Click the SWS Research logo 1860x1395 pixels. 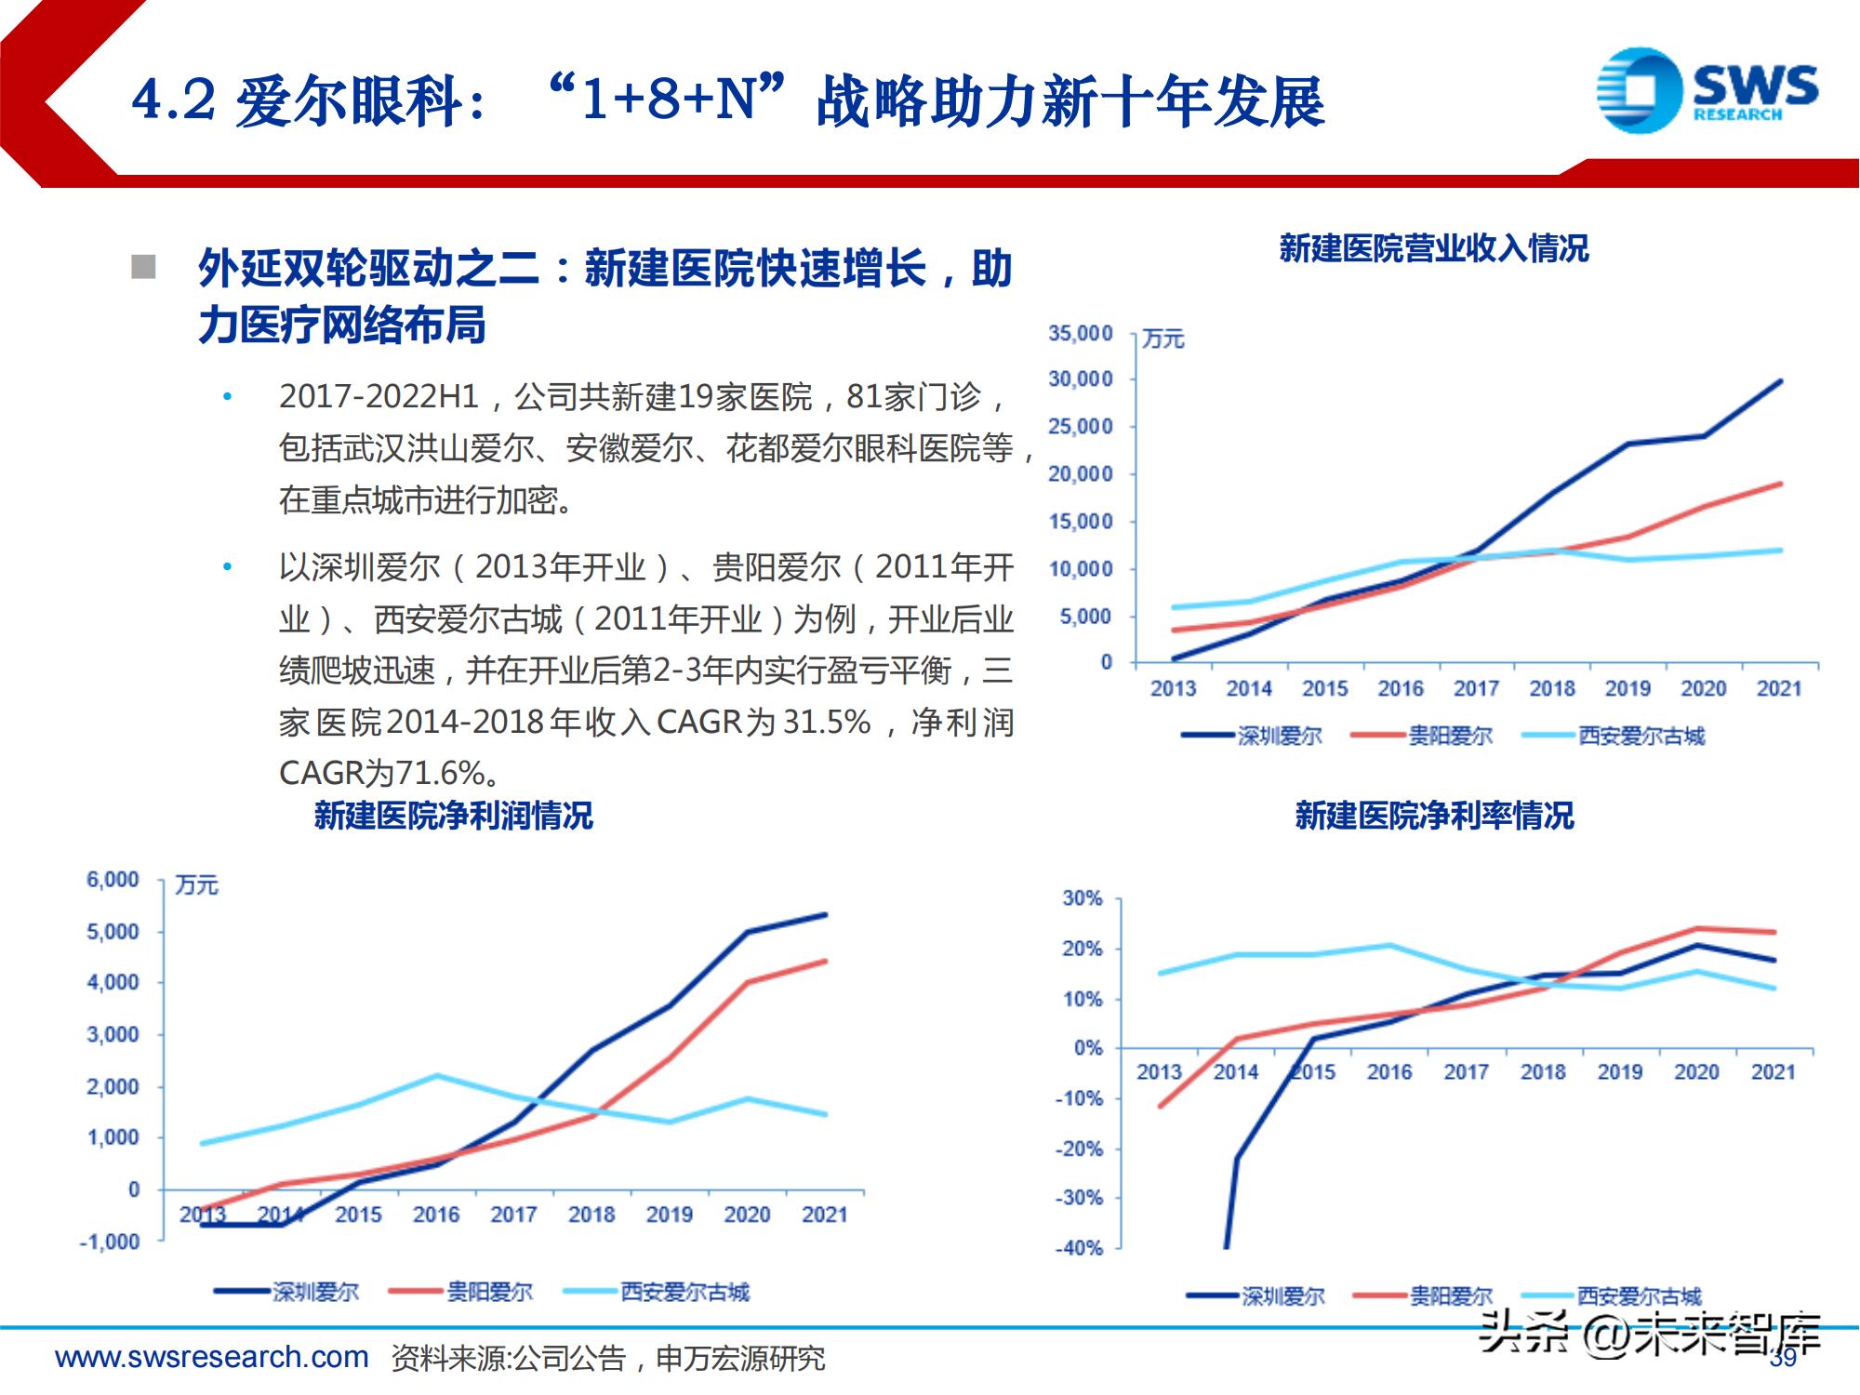(1707, 90)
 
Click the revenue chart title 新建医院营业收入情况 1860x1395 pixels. (1433, 248)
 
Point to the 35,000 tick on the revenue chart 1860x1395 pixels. (1080, 333)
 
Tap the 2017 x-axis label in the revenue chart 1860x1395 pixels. (1476, 688)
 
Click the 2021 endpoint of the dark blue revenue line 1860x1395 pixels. (1780, 380)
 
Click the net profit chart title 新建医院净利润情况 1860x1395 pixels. (453, 816)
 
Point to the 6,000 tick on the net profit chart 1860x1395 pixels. (113, 880)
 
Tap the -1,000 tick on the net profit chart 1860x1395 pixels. (110, 1242)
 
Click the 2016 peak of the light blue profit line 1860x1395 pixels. (437, 1076)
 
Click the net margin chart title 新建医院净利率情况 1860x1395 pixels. (1433, 816)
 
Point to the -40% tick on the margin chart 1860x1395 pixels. (1079, 1248)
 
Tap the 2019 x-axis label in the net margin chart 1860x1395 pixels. (1620, 1071)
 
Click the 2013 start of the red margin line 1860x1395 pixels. (1160, 1107)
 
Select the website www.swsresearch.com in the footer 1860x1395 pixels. (212, 1358)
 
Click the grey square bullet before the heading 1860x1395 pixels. (143, 267)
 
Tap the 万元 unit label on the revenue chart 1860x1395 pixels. (1162, 339)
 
